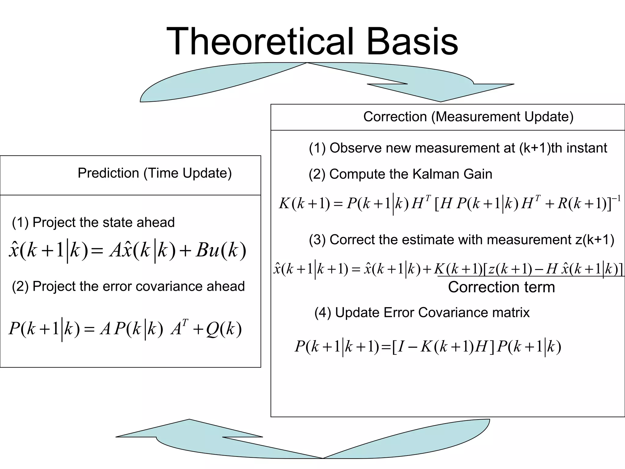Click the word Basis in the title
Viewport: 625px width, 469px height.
412,42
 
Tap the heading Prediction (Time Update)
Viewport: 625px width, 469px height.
154,173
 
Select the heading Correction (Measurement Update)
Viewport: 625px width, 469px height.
468,117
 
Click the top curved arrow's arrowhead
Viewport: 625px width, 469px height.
441,92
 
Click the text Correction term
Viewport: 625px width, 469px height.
501,287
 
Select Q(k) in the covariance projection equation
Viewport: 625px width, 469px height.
224,329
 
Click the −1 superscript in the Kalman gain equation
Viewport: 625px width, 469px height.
616,199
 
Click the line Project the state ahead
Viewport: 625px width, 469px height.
93,222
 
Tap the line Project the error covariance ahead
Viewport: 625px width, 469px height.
128,286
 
